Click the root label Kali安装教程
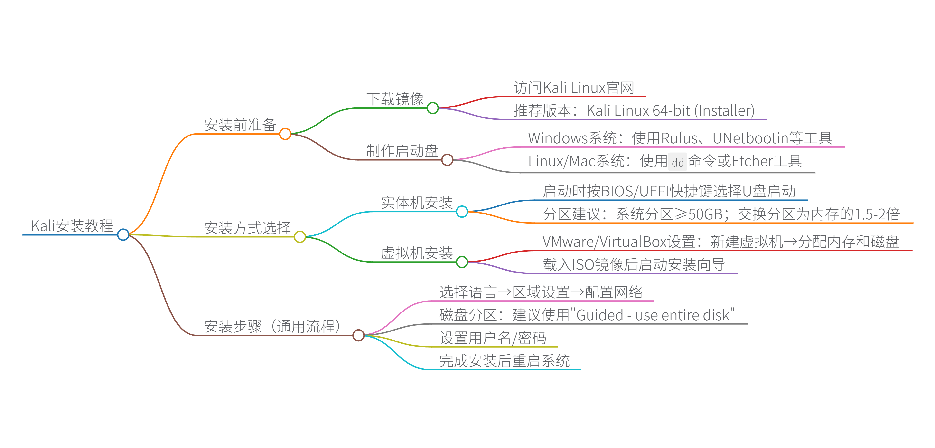pyautogui.click(x=72, y=226)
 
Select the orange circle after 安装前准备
pyautogui.click(x=285, y=134)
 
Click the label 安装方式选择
pyautogui.click(x=248, y=228)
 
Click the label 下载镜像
pyautogui.click(x=395, y=99)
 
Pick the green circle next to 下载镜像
pyautogui.click(x=433, y=108)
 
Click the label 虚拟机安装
pyautogui.click(x=417, y=253)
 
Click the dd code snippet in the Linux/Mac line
pyautogui.click(x=678, y=162)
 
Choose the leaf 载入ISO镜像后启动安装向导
pyautogui.click(x=634, y=264)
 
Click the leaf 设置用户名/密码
pyautogui.click(x=493, y=338)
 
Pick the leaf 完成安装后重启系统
pyautogui.click(x=505, y=361)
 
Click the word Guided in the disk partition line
pyautogui.click(x=599, y=315)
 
